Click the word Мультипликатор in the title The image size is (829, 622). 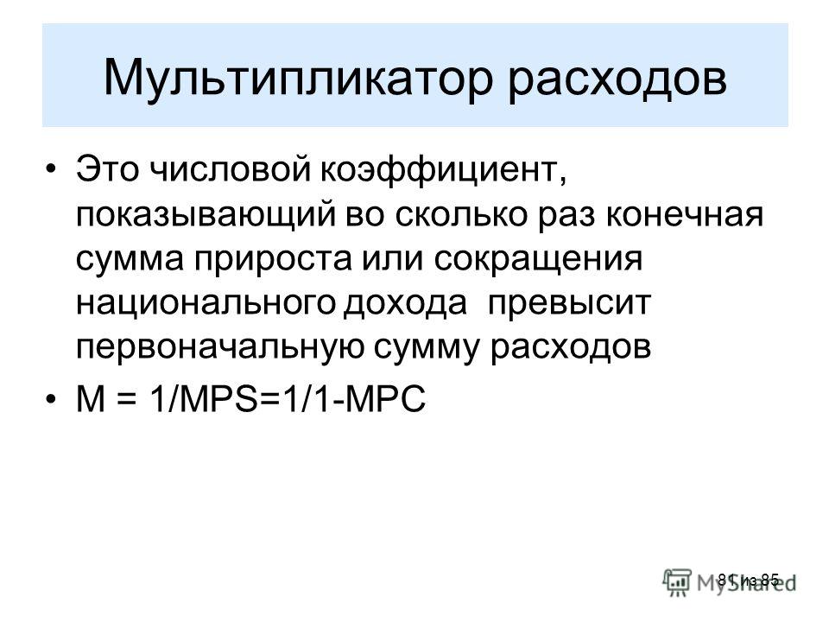click(x=298, y=78)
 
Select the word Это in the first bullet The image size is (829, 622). click(x=107, y=169)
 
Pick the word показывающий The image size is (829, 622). click(x=206, y=216)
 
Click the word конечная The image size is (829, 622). click(x=685, y=215)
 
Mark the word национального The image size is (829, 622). click(x=206, y=303)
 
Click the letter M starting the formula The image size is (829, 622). click(x=91, y=399)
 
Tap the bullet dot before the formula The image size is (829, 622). click(x=50, y=399)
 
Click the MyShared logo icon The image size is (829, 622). click(x=677, y=582)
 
